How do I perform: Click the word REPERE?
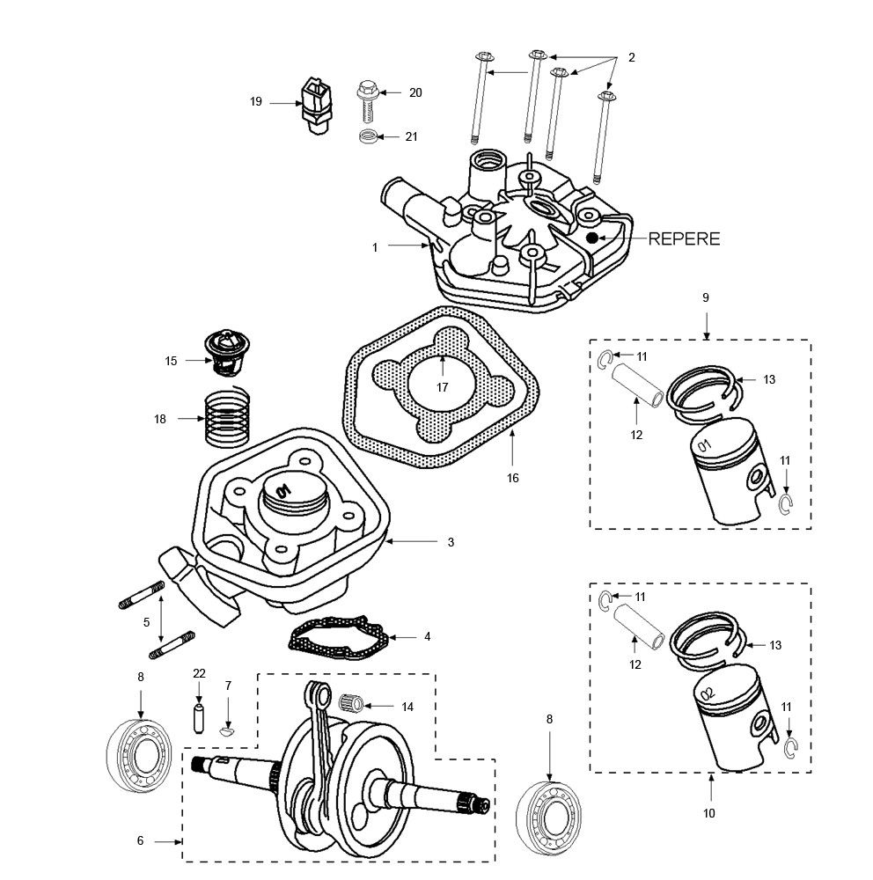(684, 238)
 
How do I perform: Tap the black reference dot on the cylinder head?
(593, 238)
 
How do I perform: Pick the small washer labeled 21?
(369, 136)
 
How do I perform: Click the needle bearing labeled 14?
(353, 704)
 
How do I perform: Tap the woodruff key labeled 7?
(228, 729)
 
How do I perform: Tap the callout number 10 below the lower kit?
(709, 813)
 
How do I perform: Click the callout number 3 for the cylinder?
(451, 542)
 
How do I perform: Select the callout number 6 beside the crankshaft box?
(140, 841)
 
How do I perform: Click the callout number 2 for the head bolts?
(631, 57)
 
